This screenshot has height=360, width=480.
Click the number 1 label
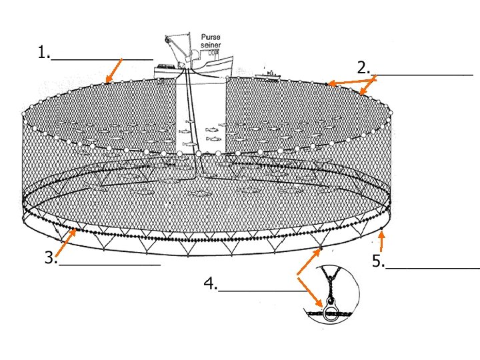point(43,53)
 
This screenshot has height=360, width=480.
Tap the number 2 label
point(363,67)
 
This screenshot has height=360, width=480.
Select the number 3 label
point(50,258)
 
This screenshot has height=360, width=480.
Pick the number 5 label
point(378,262)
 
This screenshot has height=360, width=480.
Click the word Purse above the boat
point(211,37)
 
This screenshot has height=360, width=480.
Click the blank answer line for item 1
point(102,59)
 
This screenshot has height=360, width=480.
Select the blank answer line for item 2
point(423,74)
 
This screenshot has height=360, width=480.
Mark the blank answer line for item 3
point(109,265)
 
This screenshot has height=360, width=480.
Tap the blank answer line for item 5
point(432,268)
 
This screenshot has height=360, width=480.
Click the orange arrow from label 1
point(115,71)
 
